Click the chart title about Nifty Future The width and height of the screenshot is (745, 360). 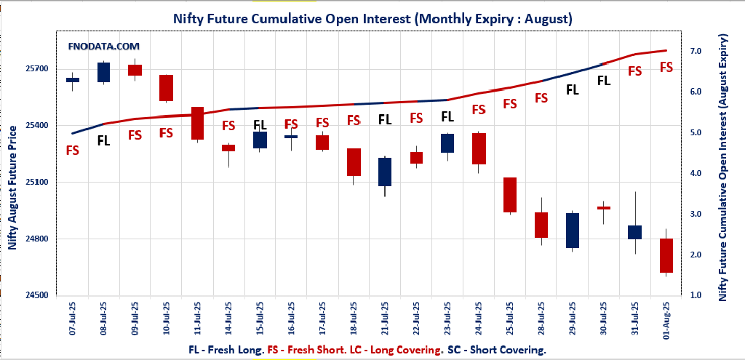pos(372,20)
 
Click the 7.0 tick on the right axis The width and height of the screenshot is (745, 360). pos(696,52)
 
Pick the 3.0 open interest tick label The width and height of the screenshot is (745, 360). pos(696,215)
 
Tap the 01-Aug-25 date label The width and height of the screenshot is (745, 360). pos(666,321)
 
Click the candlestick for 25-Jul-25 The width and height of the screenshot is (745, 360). pos(509,195)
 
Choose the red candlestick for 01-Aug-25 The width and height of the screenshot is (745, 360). pos(666,255)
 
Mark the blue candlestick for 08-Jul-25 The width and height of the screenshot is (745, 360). pos(104,72)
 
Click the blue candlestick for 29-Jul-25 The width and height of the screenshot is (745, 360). pos(572,231)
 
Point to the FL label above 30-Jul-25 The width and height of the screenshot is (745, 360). pos(603,81)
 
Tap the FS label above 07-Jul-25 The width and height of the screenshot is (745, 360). pos(73,151)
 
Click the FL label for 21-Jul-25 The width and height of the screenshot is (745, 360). pos(385,119)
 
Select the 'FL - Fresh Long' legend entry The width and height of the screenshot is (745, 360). pos(226,349)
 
